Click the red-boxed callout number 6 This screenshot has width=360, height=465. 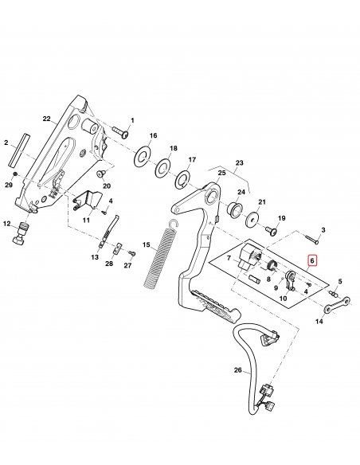coord(312,260)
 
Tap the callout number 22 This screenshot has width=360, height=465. coord(46,119)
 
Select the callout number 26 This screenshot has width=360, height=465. coord(237,370)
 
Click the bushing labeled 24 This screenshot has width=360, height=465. coord(236,209)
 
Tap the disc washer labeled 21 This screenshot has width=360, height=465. coord(254,221)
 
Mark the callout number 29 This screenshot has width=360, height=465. coord(10,185)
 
